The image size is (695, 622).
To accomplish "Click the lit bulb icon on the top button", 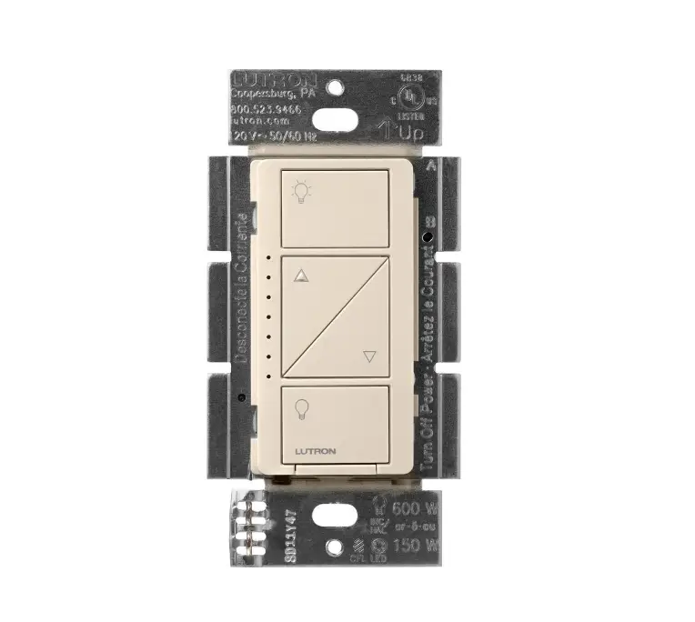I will tap(299, 192).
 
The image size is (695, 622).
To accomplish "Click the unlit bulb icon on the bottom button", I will tap(301, 408).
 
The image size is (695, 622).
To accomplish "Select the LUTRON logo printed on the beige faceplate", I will tap(315, 450).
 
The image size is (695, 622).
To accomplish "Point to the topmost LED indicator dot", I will tap(270, 258).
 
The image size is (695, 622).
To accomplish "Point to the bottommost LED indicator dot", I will tap(270, 373).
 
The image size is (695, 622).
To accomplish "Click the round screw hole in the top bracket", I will tap(336, 87).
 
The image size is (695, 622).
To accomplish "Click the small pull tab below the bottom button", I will tap(337, 468).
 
